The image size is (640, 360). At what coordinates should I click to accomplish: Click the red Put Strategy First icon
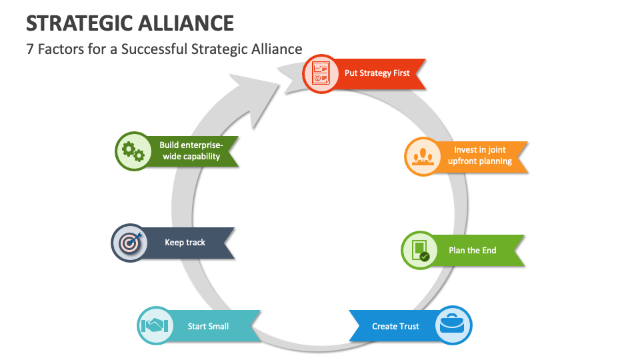tap(321, 74)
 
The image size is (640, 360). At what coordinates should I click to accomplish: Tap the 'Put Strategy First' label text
tap(377, 73)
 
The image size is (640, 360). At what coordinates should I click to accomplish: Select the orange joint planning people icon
tap(423, 156)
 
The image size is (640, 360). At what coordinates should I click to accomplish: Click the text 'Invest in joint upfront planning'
tap(480, 155)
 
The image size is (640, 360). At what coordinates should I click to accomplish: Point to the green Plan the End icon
tap(420, 251)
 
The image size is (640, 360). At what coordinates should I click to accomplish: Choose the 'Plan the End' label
tap(472, 251)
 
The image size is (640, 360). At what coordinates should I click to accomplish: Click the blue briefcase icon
tap(453, 325)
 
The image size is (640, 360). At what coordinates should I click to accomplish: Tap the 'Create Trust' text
tap(395, 326)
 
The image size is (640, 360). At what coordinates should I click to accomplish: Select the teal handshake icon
tap(156, 326)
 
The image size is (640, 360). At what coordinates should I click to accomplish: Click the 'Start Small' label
tap(208, 326)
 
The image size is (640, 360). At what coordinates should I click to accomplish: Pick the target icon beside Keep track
tap(129, 243)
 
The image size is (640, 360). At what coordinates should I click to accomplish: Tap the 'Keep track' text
tap(185, 243)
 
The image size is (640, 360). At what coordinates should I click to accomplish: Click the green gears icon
tap(134, 151)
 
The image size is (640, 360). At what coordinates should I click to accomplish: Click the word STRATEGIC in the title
tap(79, 23)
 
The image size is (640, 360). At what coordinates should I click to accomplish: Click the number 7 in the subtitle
tap(30, 49)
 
